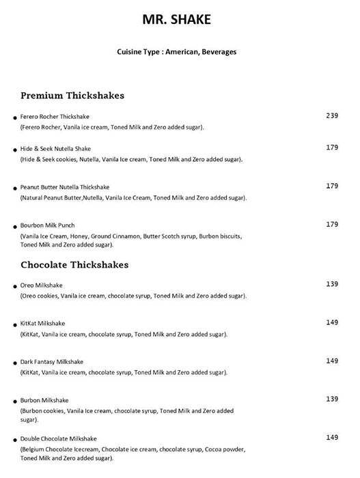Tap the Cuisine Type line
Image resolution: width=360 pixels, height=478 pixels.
click(x=177, y=51)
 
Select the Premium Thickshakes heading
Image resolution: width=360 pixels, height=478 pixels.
click(x=72, y=96)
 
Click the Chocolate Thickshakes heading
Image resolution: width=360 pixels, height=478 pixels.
click(x=75, y=264)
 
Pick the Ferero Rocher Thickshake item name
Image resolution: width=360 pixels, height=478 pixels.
click(x=55, y=117)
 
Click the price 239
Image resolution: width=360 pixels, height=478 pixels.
click(x=332, y=115)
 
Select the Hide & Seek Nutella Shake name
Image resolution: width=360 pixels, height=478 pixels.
click(x=56, y=148)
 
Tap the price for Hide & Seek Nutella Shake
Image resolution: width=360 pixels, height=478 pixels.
click(x=332, y=147)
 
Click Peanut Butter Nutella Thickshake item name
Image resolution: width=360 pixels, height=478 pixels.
click(x=65, y=186)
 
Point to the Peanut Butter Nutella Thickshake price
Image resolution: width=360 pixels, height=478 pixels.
click(x=332, y=186)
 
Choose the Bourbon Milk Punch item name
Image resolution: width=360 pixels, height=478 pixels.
click(x=48, y=225)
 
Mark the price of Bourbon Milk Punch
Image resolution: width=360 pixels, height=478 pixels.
click(x=332, y=224)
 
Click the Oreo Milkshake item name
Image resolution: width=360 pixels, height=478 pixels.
click(x=42, y=285)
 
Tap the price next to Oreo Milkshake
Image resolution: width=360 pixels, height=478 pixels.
click(x=332, y=283)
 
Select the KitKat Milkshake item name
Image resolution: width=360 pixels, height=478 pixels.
click(x=44, y=323)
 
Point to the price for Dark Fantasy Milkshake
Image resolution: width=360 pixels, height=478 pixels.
click(x=332, y=361)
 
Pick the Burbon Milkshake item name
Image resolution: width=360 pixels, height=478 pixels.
click(x=45, y=400)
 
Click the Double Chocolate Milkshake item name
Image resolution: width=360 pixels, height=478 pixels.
click(x=59, y=438)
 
